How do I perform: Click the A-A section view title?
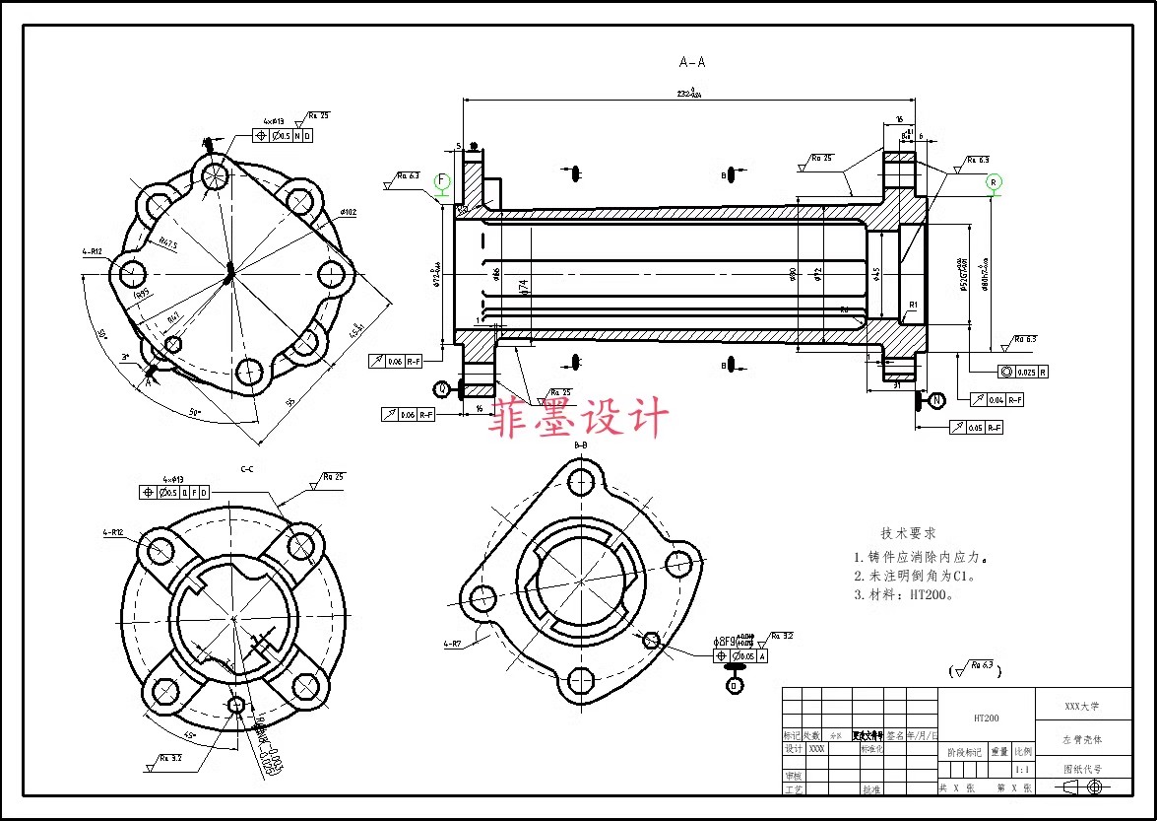point(692,62)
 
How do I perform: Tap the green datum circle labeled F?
point(442,181)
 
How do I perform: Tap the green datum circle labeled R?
point(994,181)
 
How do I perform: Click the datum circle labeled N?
point(936,400)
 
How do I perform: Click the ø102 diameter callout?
point(348,211)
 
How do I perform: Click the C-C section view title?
point(247,469)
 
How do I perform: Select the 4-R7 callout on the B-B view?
point(453,644)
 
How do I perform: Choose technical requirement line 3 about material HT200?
point(904,594)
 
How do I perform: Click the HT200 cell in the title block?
point(986,718)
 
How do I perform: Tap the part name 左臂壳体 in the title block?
point(1082,738)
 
